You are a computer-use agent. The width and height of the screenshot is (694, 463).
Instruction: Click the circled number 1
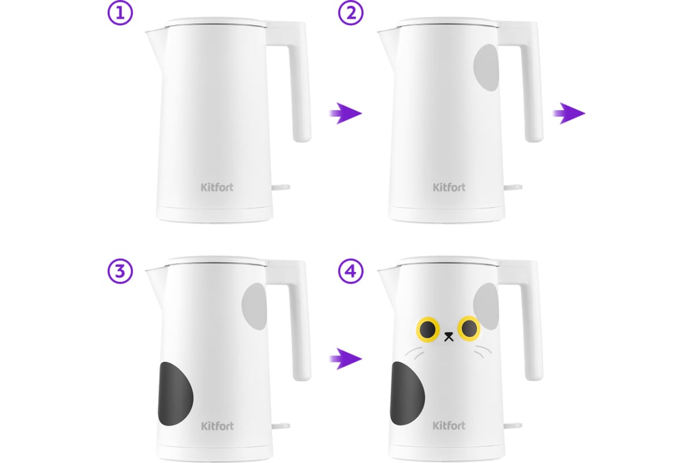[x=120, y=13]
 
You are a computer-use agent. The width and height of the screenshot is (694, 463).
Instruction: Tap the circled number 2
[x=350, y=13]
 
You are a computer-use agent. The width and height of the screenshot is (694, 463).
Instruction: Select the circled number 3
[x=120, y=271]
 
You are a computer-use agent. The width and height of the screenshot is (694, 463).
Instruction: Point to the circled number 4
[x=350, y=271]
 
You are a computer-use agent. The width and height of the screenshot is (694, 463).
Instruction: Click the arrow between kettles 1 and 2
[x=345, y=113]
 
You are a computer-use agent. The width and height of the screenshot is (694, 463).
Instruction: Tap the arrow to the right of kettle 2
[x=569, y=113]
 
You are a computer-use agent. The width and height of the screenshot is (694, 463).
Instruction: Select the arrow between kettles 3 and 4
[x=345, y=359]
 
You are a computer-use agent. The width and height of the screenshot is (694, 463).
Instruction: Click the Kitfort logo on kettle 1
[x=217, y=188]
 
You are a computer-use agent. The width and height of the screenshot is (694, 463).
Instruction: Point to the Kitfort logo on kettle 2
[x=449, y=188]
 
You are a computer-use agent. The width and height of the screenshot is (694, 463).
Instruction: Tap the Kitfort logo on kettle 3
[x=217, y=426]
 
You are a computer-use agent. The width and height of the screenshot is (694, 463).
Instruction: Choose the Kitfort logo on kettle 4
[x=449, y=425]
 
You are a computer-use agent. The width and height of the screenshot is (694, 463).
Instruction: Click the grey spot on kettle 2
[x=486, y=68]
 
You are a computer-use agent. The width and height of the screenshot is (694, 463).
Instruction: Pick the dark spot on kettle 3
[x=175, y=394]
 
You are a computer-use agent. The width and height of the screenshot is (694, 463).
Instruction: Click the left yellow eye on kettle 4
[x=428, y=329]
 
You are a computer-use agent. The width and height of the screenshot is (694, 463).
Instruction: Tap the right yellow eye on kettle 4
[x=469, y=328]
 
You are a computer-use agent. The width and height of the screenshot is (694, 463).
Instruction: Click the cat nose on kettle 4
[x=449, y=337]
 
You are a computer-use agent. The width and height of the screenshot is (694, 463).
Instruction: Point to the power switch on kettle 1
[x=280, y=188]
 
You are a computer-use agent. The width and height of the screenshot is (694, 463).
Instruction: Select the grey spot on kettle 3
[x=254, y=306]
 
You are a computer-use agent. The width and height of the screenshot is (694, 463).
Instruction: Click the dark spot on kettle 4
[x=407, y=393]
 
